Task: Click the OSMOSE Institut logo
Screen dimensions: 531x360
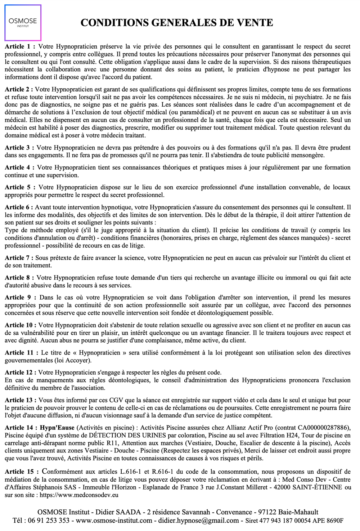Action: point(23,23)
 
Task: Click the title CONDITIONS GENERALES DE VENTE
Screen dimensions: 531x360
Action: point(177,23)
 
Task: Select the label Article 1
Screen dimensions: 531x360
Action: point(20,46)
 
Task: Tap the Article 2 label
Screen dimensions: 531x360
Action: point(19,89)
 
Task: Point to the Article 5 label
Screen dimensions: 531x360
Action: point(20,187)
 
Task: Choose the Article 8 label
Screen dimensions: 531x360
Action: point(19,278)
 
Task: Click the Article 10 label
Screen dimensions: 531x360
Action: point(20,325)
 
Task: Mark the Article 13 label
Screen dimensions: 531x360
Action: point(20,400)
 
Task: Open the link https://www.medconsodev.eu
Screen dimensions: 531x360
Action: point(79,495)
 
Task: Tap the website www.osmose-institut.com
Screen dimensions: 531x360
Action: point(114,521)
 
